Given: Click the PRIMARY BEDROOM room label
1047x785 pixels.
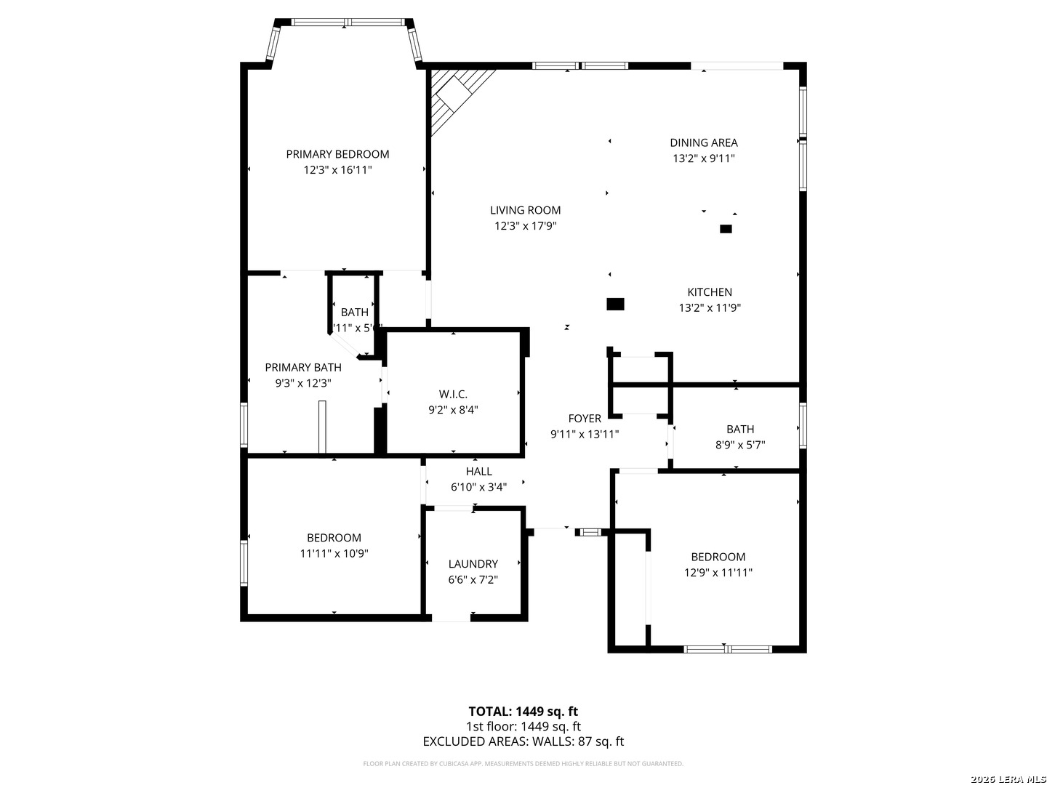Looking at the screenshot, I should click(x=337, y=154).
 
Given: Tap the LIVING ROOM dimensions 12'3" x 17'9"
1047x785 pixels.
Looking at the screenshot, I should click(x=525, y=226).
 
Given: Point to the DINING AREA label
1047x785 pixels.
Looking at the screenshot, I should click(x=703, y=142).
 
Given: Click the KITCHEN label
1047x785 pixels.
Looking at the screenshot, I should click(x=710, y=292).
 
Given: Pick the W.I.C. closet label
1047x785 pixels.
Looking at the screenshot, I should click(x=452, y=394).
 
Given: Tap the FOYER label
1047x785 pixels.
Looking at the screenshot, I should click(x=585, y=419).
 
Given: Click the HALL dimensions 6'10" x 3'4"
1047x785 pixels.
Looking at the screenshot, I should click(x=478, y=487).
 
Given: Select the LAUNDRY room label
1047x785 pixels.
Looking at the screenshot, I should click(x=473, y=564).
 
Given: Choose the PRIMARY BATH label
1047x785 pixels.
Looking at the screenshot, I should click(x=302, y=368).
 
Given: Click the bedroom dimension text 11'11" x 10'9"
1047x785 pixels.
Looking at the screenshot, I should click(x=334, y=553).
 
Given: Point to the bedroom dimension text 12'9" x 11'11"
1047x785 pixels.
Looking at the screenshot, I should click(x=718, y=572).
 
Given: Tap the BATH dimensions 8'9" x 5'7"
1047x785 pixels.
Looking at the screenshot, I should click(x=740, y=445).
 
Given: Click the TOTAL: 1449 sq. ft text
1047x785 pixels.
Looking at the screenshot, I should click(x=523, y=712).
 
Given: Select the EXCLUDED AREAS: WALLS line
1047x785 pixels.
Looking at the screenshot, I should click(x=523, y=741).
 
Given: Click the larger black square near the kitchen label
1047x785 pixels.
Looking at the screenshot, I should click(x=615, y=305).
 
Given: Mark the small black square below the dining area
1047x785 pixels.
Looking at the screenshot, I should click(x=725, y=229).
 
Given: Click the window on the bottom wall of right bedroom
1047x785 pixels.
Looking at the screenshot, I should click(x=728, y=649).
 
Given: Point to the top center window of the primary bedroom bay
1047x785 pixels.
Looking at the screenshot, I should click(x=348, y=23).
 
